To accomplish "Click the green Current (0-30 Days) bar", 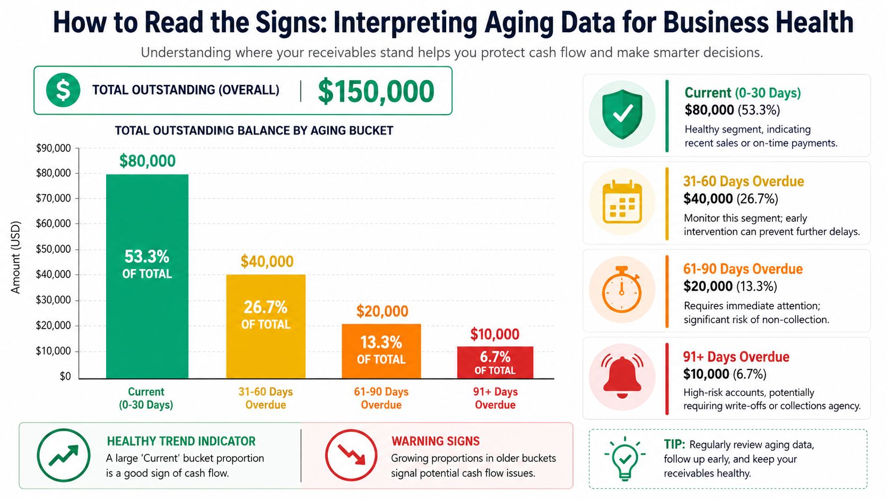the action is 147,276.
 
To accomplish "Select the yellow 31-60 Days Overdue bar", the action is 266,327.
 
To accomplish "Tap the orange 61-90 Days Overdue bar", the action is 381,351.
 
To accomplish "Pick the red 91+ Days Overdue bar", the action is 495,363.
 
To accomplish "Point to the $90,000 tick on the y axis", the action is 54,148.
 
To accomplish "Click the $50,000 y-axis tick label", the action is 54,249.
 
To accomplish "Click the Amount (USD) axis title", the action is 15,257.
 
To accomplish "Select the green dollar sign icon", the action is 63,90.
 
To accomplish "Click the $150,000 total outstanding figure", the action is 376,91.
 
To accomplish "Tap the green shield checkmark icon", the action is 622,114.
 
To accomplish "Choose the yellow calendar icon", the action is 622,202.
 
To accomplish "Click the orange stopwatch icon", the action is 622,289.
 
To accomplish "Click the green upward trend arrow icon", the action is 63,455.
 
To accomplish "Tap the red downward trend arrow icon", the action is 351,455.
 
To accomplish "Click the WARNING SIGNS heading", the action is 436,441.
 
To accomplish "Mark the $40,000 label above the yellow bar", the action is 267,261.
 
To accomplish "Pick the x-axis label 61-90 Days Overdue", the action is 381,398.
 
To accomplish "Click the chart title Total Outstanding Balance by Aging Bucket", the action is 254,130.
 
